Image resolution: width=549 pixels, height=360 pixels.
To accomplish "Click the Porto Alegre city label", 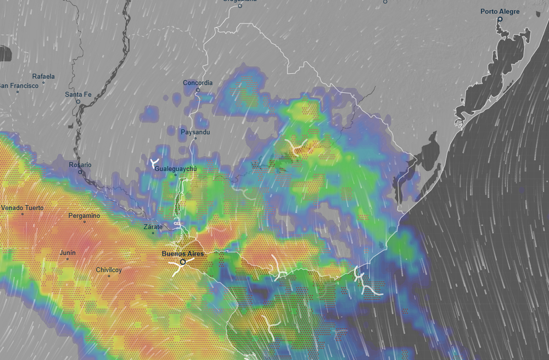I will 500,12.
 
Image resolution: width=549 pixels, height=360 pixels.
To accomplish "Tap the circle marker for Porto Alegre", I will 500,20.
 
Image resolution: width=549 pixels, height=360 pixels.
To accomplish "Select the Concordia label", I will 198,83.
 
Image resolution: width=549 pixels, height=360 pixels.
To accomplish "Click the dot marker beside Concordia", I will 198,90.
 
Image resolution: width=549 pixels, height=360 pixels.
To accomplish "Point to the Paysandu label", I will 195,132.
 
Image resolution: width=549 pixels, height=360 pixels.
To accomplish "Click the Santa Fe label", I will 77,94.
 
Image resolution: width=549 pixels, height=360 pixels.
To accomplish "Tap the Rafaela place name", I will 43,76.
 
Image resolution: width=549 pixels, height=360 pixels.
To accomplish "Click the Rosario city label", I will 80,165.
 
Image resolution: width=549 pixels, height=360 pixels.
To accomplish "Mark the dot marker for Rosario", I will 80,172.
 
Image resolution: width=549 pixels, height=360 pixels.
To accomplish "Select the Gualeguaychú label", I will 175,168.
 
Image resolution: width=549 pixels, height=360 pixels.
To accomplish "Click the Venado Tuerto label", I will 22,208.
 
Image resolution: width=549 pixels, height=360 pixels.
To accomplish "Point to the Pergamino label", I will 84,216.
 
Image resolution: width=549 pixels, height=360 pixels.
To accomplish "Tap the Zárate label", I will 153,227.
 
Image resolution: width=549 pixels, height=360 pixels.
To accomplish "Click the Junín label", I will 68,252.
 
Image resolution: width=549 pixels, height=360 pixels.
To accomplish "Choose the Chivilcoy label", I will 109,269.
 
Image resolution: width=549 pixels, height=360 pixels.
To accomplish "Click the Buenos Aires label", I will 183,254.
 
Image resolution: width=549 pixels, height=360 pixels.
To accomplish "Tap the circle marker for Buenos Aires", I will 183,262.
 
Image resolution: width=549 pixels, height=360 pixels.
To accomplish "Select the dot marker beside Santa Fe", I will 78,102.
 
